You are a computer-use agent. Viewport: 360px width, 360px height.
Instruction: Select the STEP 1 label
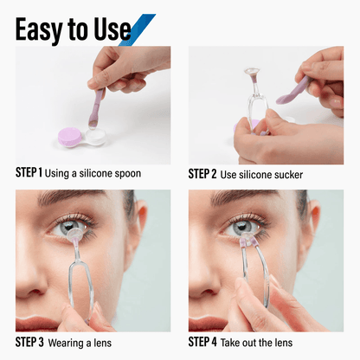click(x=29, y=173)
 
